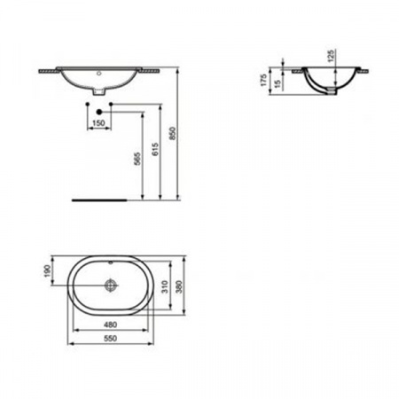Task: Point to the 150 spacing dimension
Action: (x=99, y=122)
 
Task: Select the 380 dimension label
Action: (x=181, y=286)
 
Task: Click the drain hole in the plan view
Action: (x=111, y=286)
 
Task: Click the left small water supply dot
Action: (x=87, y=105)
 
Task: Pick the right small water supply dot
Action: (x=113, y=105)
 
